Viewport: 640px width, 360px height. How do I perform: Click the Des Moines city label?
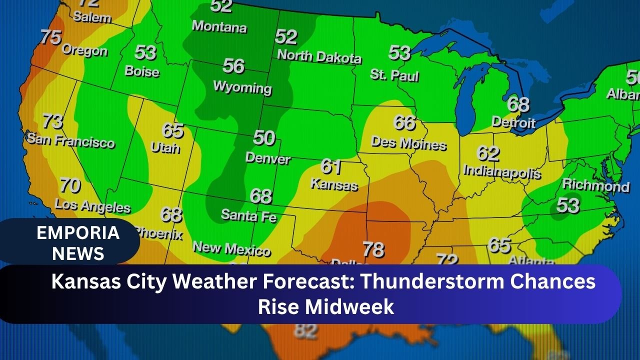pos(408,143)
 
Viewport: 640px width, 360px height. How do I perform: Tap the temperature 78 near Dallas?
pos(373,248)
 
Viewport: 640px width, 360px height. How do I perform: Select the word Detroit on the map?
pos(513,122)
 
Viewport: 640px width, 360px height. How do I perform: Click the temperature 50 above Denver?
pos(263,138)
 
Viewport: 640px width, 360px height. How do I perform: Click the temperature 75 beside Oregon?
pos(50,37)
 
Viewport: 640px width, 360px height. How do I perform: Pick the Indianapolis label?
pos(502,171)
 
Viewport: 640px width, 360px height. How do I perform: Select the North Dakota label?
pos(319,55)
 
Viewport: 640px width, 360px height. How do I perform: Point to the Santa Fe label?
pos(248,215)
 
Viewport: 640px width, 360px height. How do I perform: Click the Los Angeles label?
pos(92,205)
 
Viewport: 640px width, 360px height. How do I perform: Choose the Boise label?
pos(142,71)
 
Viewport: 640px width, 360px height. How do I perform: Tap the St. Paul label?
pos(394,75)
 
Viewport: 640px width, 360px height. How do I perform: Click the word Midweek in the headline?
pos(349,306)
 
